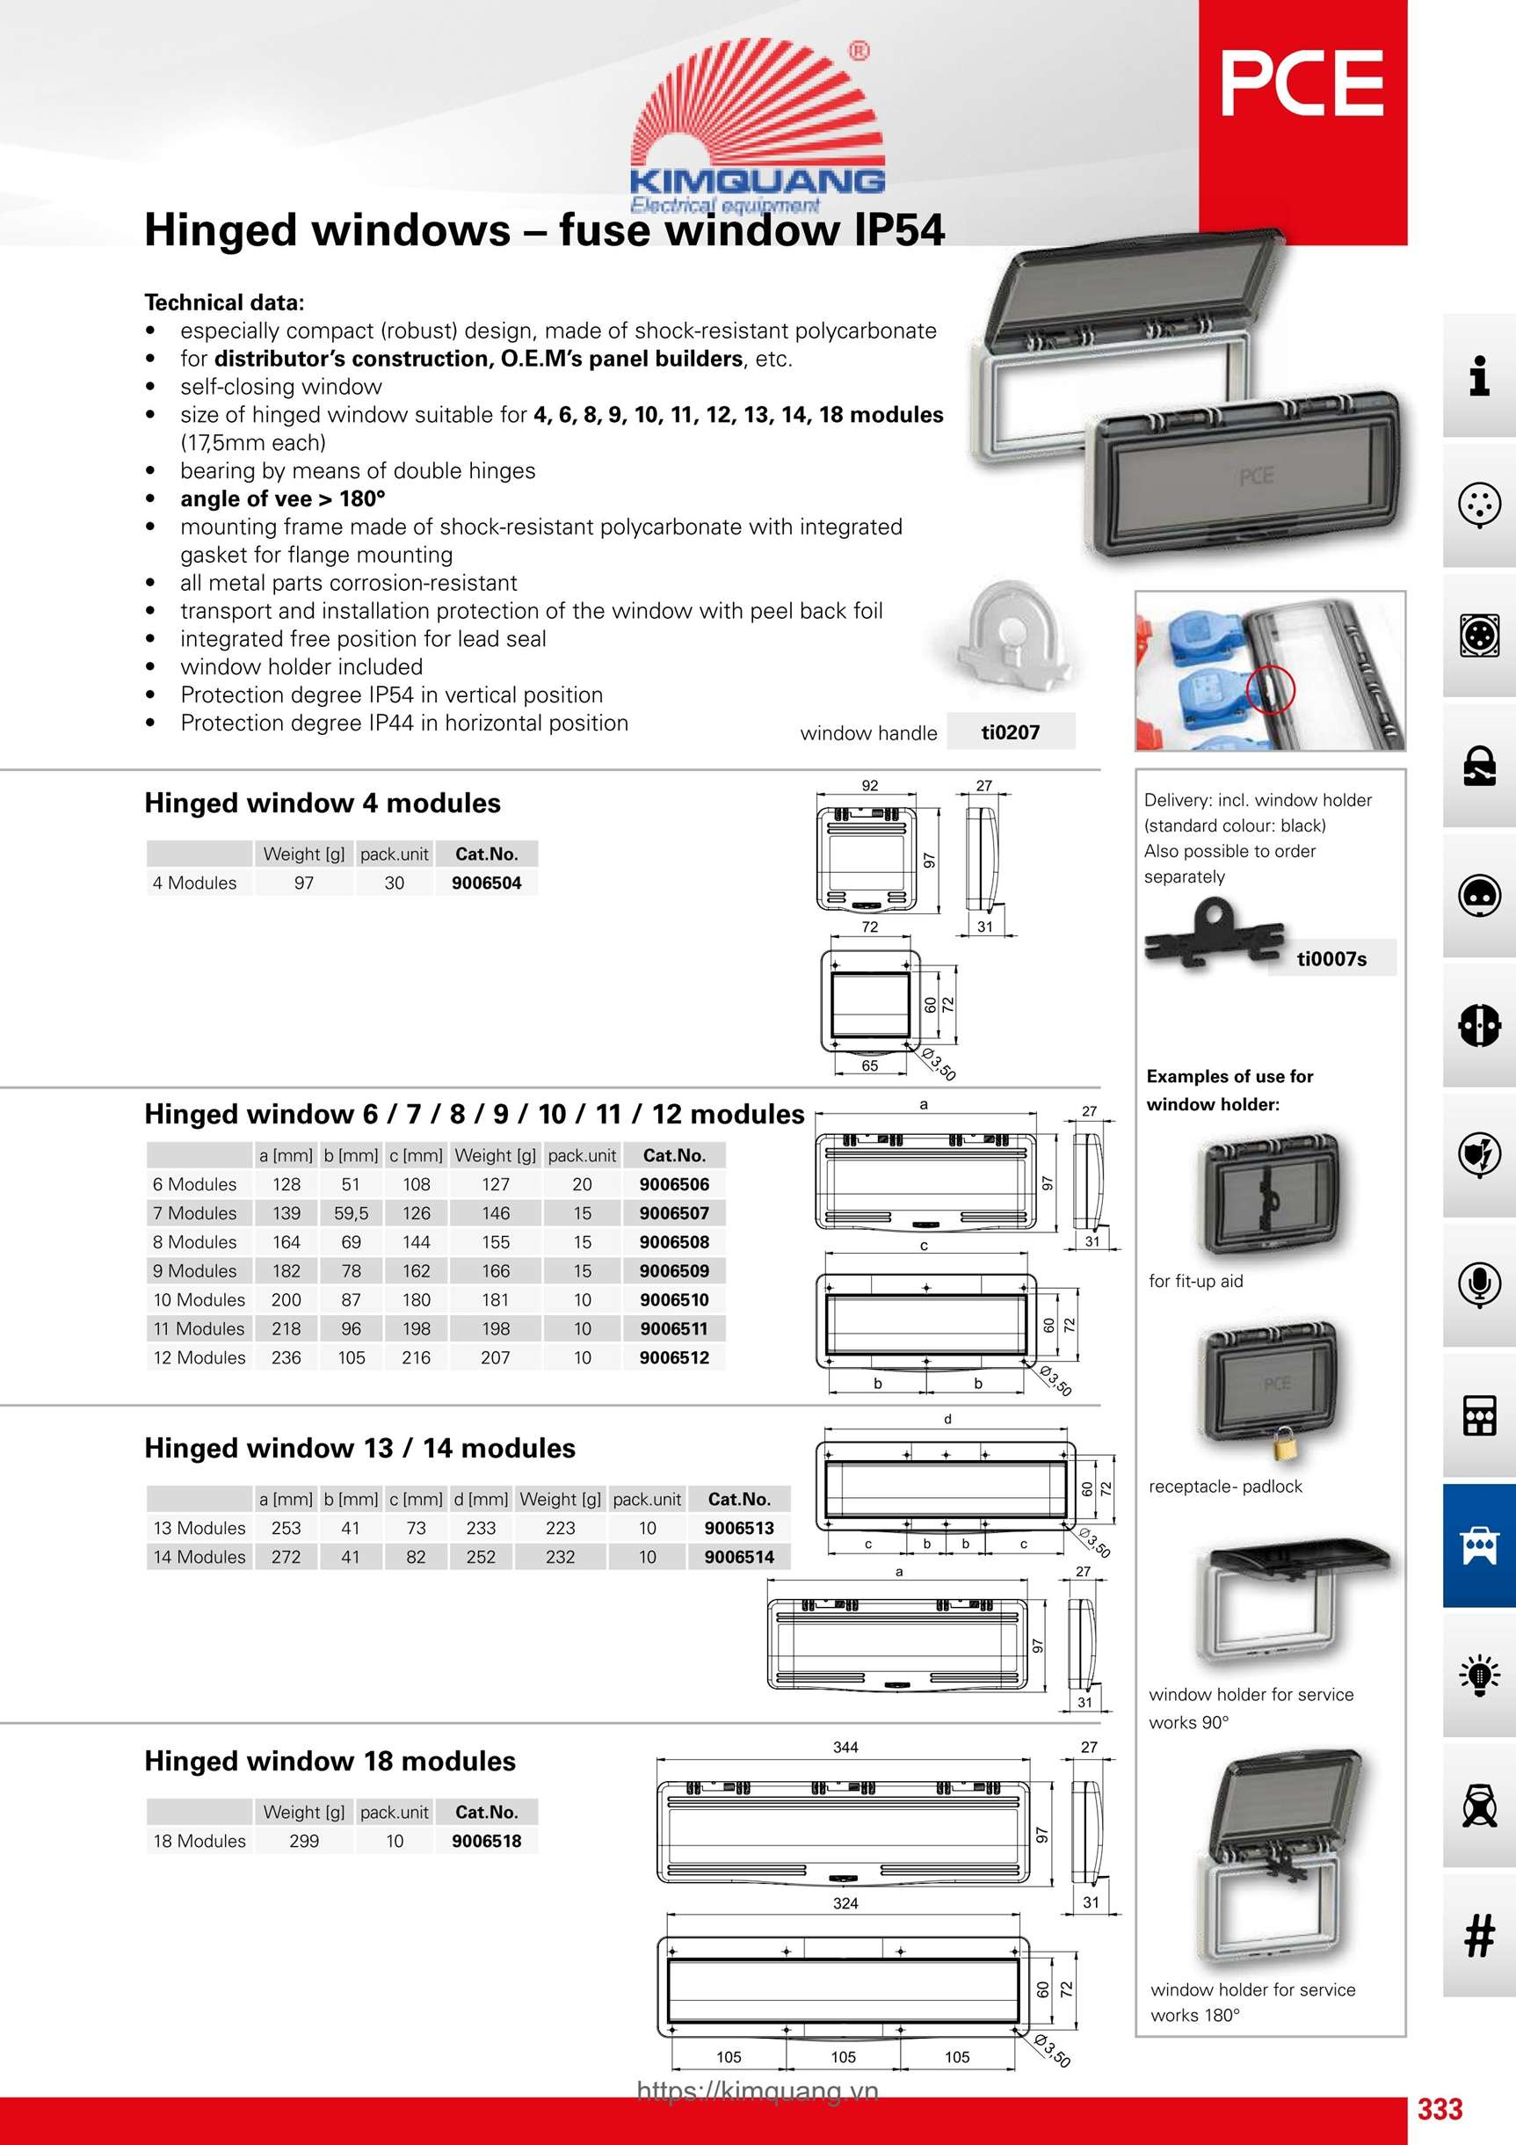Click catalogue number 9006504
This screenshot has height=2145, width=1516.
coord(486,883)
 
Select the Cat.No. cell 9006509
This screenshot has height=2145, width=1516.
coord(673,1270)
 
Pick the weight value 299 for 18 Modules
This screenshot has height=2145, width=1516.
coord(303,1841)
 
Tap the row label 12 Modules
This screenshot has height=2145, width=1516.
coord(199,1357)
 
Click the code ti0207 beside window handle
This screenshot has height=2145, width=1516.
coord(1010,732)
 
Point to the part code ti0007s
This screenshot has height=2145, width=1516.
coord(1331,959)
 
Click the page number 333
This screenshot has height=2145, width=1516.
coord(1440,2109)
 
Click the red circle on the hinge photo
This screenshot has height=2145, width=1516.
coord(1270,689)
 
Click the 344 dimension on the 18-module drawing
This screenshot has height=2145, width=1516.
coord(845,1747)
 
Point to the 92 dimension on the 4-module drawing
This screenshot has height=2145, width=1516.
coord(870,786)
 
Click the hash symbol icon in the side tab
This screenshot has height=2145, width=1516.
coord(1478,1935)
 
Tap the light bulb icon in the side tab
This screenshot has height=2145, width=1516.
coord(1478,1674)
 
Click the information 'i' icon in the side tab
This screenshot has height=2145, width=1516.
coord(1478,375)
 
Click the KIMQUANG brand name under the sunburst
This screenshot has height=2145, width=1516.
coord(757,180)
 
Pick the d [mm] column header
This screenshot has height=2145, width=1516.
coord(481,1500)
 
